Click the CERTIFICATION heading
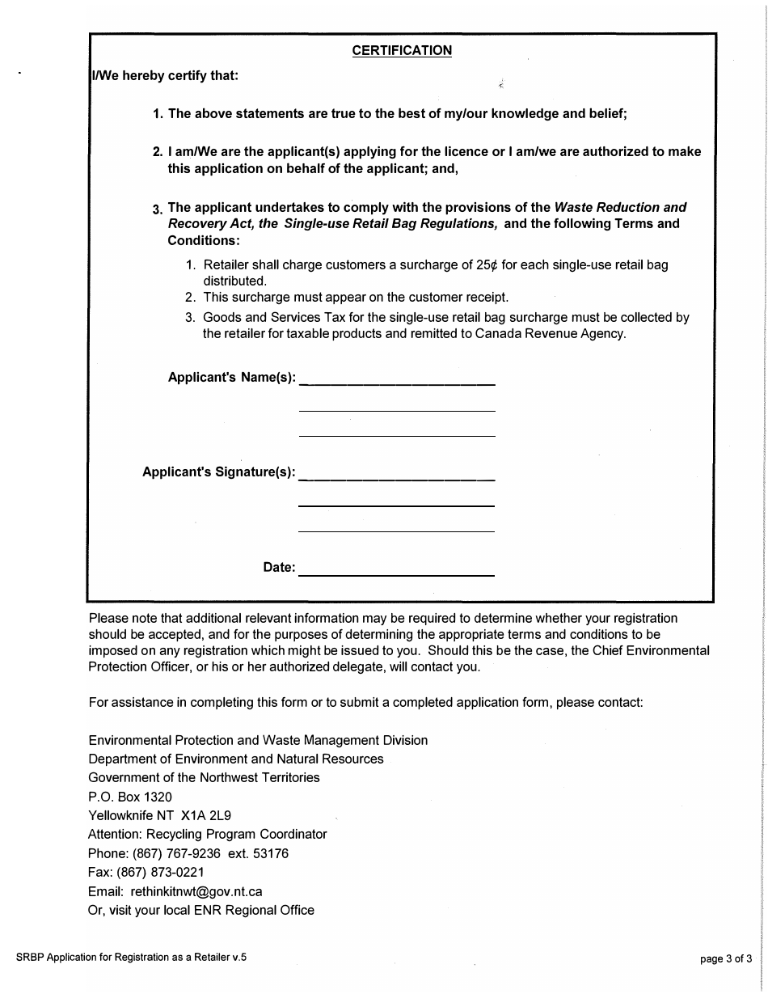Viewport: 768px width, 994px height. [402, 51]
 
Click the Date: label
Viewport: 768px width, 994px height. [279, 568]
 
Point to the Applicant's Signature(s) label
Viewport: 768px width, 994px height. [218, 472]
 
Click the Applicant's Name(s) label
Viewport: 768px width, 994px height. [231, 377]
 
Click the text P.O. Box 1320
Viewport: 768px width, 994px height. [129, 797]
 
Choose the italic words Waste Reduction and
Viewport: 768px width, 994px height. [620, 208]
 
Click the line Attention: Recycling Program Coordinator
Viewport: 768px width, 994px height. [207, 834]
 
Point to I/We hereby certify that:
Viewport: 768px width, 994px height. [164, 77]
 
